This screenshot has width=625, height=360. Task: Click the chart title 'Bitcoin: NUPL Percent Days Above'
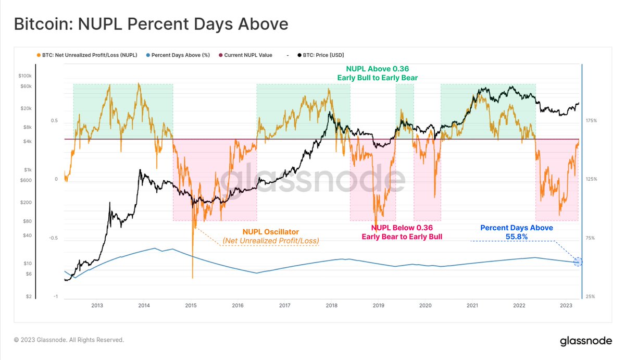click(x=151, y=24)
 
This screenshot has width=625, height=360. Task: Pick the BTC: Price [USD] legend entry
click(x=320, y=55)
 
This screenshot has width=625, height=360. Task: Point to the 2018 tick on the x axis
click(x=331, y=305)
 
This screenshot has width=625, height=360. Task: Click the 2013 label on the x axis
click(x=97, y=305)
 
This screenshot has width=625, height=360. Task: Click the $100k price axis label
click(x=24, y=76)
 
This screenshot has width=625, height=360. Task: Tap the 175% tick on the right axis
click(x=591, y=120)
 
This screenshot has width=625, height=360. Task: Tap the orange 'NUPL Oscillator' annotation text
click(x=271, y=231)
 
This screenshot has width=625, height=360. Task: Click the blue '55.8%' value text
click(x=516, y=237)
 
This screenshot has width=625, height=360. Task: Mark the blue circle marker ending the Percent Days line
click(x=578, y=262)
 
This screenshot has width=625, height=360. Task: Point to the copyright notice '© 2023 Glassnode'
click(x=69, y=340)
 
